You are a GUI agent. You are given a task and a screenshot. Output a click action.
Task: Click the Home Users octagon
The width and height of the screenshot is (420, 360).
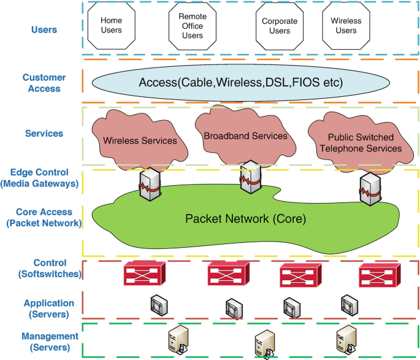(x=111, y=25)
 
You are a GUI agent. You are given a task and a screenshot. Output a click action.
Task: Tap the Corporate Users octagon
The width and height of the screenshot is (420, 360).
(x=280, y=26)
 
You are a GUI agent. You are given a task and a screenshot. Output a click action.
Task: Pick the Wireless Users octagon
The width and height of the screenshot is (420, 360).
(x=346, y=26)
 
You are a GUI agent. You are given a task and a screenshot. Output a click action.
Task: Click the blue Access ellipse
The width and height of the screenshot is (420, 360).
(x=240, y=82)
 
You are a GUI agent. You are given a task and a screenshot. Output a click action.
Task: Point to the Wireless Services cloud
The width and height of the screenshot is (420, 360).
(x=140, y=140)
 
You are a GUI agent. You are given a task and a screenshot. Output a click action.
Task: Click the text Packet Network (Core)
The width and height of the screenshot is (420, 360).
(x=245, y=218)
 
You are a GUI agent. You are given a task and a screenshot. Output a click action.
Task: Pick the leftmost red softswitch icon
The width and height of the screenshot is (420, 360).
(x=145, y=274)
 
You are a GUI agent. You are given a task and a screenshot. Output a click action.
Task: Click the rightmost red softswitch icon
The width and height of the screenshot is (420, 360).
(x=380, y=274)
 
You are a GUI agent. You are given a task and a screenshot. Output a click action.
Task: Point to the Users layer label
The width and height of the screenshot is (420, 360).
(x=44, y=29)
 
